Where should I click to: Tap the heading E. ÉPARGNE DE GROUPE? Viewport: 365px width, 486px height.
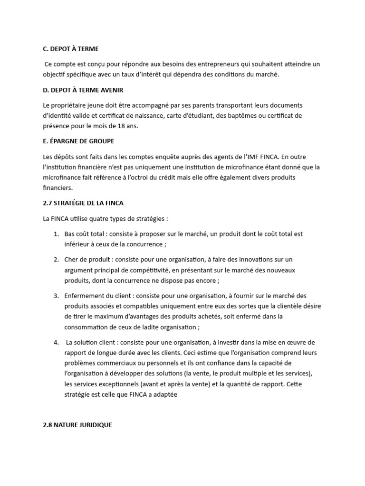pyautogui.click(x=78, y=141)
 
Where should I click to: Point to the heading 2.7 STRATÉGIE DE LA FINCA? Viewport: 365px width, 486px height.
pyautogui.click(x=83, y=203)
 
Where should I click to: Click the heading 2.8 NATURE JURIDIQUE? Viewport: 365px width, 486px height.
pyautogui.click(x=77, y=425)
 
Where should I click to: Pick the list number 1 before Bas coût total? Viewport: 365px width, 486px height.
pyautogui.click(x=56, y=234)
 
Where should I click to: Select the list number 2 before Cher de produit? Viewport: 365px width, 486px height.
pyautogui.click(x=56, y=260)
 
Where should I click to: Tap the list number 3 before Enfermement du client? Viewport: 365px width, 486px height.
pyautogui.click(x=56, y=296)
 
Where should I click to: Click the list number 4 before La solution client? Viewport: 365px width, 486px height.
pyautogui.click(x=56, y=342)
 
